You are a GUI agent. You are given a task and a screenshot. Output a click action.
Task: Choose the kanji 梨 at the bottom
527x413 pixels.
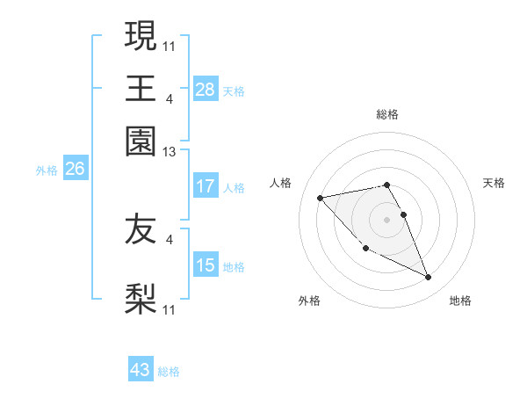click(x=141, y=299)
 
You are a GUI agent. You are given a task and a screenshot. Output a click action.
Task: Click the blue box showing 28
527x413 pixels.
click(x=206, y=90)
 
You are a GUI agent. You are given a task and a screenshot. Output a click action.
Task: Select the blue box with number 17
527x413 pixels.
click(x=206, y=186)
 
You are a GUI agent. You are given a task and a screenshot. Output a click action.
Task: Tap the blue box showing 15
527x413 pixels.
click(x=206, y=265)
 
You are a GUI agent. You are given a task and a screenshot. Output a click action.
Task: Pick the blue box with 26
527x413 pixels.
click(x=75, y=170)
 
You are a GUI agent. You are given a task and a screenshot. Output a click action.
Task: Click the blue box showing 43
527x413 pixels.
click(x=141, y=370)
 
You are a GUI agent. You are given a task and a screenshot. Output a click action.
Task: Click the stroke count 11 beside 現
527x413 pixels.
click(x=170, y=45)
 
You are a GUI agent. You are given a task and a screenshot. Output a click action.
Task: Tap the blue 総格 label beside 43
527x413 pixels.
click(x=170, y=372)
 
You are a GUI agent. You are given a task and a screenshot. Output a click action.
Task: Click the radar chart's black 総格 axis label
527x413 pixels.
click(x=387, y=114)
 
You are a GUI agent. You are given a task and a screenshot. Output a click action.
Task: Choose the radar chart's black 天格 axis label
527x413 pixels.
click(x=494, y=183)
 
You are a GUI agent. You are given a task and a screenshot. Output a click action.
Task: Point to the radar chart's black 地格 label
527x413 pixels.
click(x=460, y=301)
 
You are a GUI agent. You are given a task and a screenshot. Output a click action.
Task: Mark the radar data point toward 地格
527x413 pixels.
click(x=429, y=278)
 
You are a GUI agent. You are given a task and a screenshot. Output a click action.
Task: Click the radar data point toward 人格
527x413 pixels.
click(x=320, y=197)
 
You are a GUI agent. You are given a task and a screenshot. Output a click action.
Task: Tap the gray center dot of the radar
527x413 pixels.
click(x=387, y=219)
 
